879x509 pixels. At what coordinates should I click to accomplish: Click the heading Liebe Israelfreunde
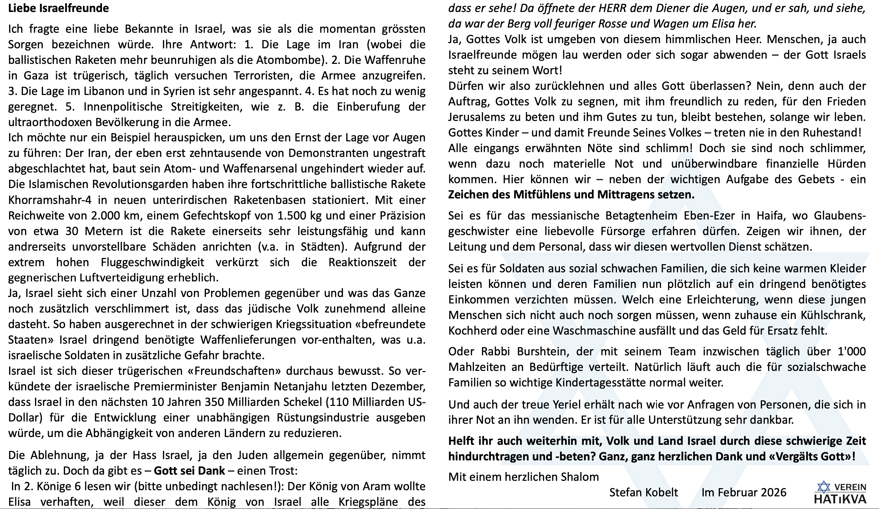tap(58, 8)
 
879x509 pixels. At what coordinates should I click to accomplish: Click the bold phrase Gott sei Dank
tap(189, 471)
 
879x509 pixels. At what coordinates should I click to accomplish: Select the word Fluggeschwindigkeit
tap(153, 262)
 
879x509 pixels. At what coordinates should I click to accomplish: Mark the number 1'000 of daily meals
tap(851, 351)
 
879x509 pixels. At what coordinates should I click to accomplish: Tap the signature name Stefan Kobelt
tap(644, 492)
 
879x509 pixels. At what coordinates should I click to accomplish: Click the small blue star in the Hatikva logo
tap(824, 487)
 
